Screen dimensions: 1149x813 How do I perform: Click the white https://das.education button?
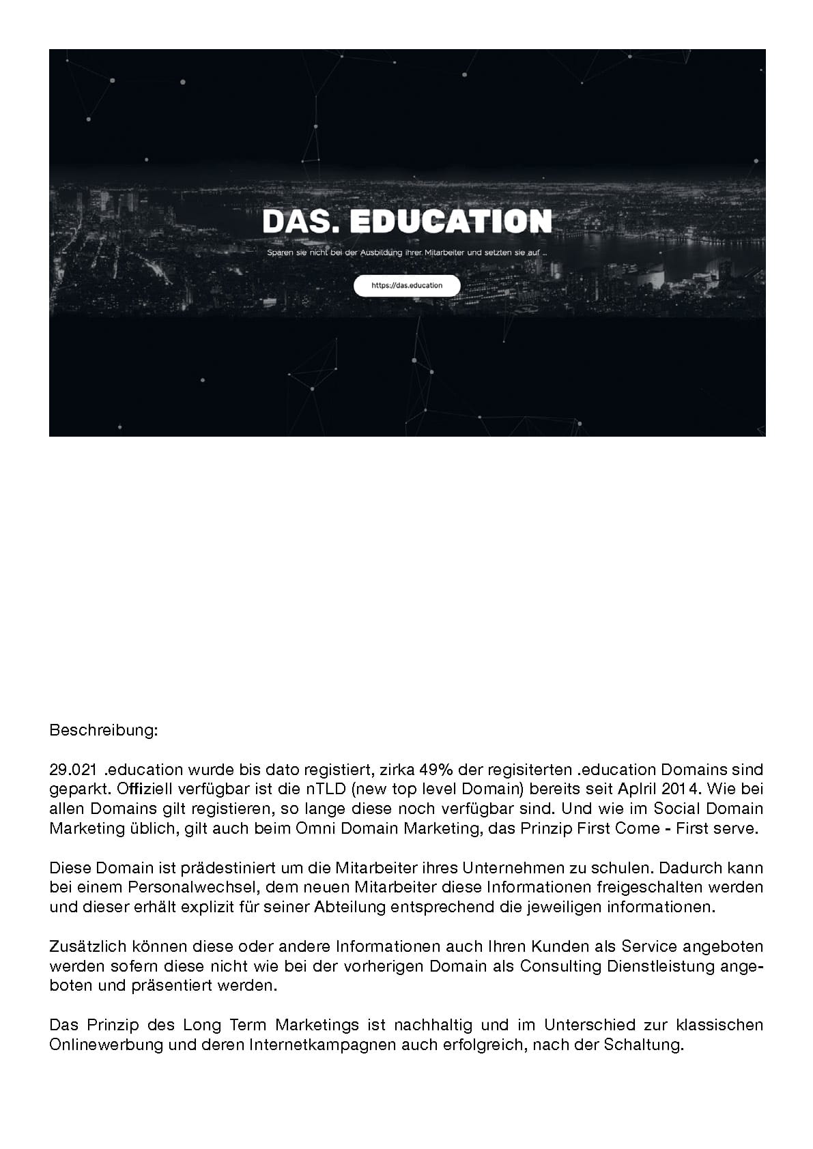coord(407,285)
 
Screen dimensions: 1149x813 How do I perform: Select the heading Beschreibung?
coord(104,731)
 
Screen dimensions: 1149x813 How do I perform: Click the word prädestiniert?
coord(248,869)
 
